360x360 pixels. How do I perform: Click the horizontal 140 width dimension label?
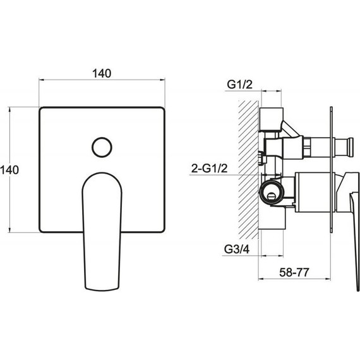(x=102, y=73)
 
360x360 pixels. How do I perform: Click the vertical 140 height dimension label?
(x=9, y=170)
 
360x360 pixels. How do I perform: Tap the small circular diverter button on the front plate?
(x=102, y=147)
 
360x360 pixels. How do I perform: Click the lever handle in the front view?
(x=102, y=232)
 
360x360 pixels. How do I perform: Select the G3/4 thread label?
(x=237, y=249)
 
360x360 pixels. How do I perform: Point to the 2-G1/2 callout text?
(x=210, y=169)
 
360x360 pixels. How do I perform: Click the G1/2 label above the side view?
(x=239, y=85)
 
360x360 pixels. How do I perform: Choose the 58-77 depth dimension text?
(x=294, y=272)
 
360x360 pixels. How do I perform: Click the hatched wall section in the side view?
(x=248, y=170)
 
